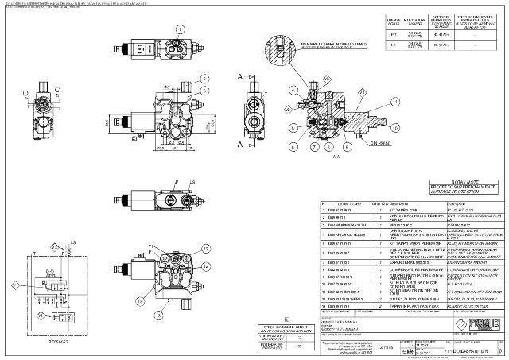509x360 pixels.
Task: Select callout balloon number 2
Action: pos(204,79)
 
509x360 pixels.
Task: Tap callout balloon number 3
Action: pos(204,91)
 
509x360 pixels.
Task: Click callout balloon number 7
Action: pos(316,148)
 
